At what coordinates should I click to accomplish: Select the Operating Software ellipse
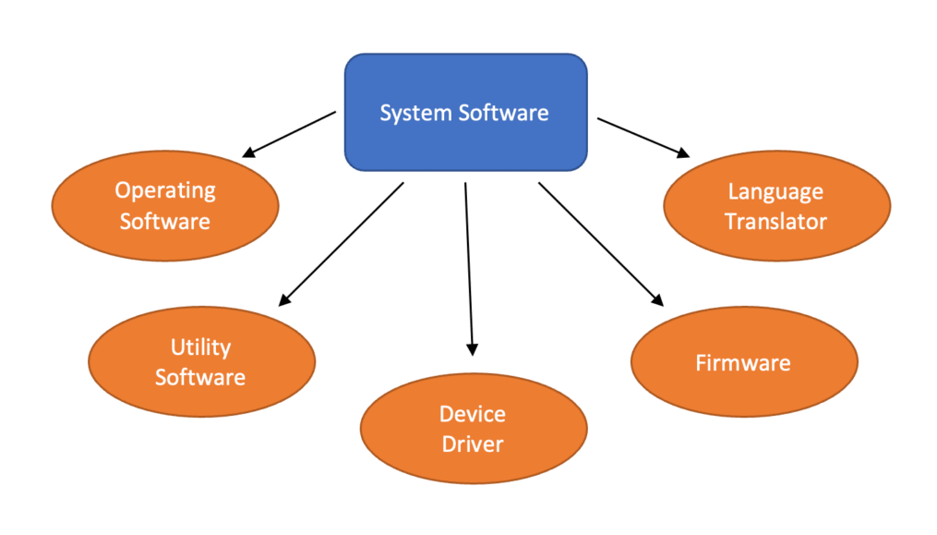coord(164,206)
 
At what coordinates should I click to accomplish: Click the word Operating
coord(164,190)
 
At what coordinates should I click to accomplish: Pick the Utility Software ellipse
coord(201,362)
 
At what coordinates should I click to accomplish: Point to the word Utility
coord(200,347)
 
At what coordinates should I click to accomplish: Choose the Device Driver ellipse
coord(473,429)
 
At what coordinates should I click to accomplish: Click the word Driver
coord(473,444)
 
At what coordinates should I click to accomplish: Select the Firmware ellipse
coord(743,361)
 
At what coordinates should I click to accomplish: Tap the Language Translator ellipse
coord(776,206)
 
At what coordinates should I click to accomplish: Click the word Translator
coord(776,222)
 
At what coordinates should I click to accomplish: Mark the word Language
coord(775,191)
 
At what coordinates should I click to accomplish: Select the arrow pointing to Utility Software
coord(342,242)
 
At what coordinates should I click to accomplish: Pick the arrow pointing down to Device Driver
coord(469,268)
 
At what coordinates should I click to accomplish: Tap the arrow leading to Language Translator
coord(643,136)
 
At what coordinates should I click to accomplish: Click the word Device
coord(473,413)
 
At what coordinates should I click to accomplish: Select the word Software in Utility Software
coord(200,378)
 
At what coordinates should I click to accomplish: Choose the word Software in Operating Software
coord(164,222)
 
